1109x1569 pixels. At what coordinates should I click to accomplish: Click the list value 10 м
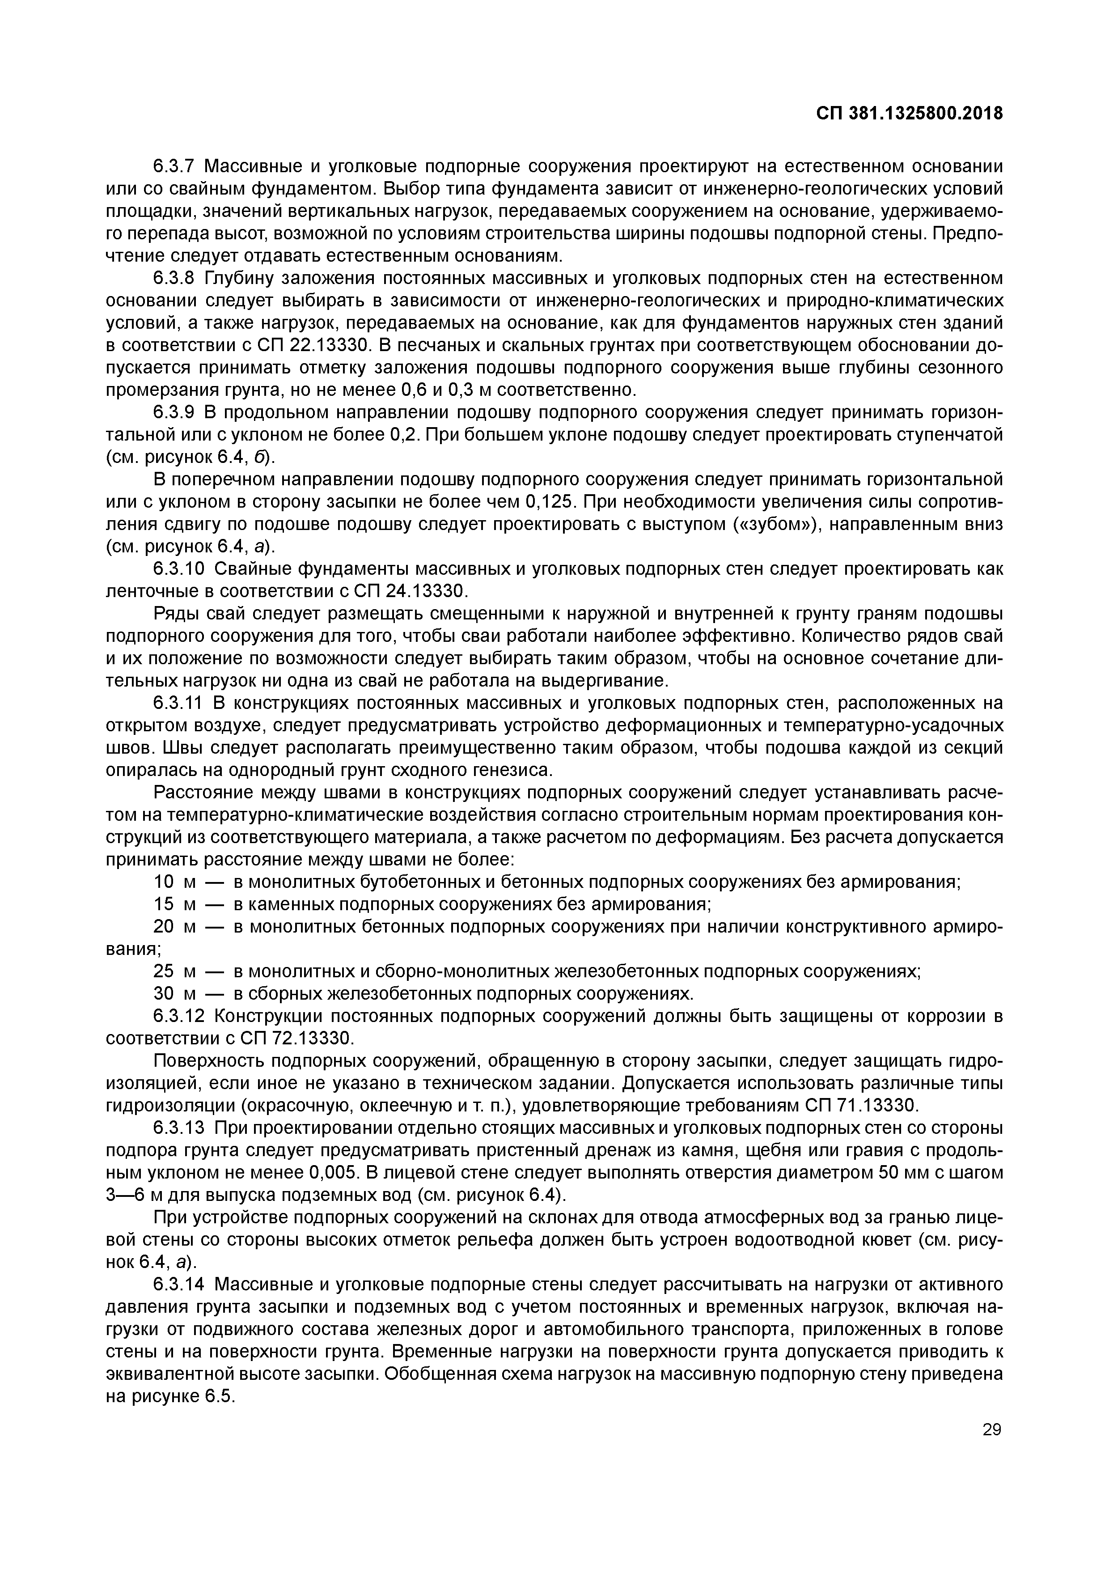tap(174, 882)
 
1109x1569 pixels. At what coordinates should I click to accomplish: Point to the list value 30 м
tap(174, 994)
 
